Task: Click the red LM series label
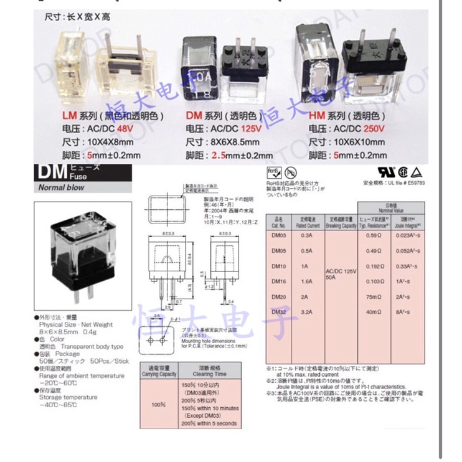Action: click(68, 116)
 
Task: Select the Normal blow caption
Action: click(62, 187)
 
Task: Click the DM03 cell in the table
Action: click(278, 235)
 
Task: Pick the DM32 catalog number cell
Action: click(278, 311)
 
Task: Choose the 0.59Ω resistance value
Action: click(372, 235)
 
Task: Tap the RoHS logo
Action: click(272, 171)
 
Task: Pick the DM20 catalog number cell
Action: click(278, 296)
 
